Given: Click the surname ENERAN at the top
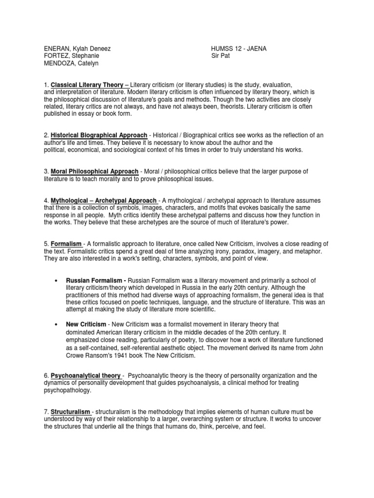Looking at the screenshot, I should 54,49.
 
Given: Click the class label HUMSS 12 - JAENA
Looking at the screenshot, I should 239,49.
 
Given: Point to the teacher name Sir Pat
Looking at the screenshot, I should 220,56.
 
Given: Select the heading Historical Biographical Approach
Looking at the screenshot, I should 99,135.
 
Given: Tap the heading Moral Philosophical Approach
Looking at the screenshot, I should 94,172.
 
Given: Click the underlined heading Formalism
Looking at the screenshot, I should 67,244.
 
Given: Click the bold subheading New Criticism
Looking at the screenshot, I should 86,324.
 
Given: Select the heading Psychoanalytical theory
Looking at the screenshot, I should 87,376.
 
